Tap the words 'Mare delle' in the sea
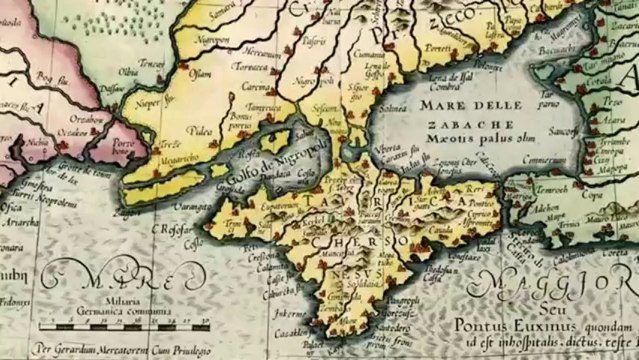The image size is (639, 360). pos(466,103)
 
